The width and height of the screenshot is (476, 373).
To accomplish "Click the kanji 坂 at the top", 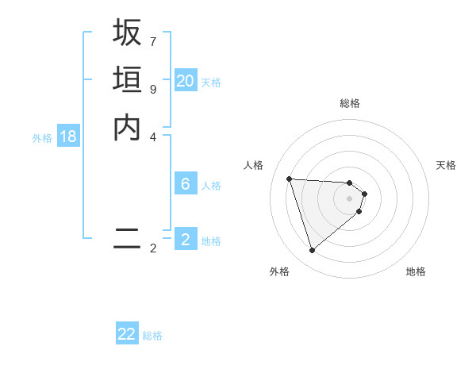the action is coord(127,33).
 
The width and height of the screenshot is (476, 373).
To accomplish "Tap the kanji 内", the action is coord(127,127).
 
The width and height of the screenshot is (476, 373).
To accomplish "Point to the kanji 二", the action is coord(127,238).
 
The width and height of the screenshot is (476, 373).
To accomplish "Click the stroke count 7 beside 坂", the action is coord(153,40).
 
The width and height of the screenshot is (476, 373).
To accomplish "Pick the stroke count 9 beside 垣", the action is coord(153,88).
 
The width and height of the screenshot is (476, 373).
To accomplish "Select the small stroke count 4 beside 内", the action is coord(153,136).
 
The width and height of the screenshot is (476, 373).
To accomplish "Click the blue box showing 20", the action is coord(186,81).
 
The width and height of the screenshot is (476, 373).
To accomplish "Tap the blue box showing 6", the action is coord(186,184).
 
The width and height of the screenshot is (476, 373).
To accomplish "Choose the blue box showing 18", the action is coord(68,137).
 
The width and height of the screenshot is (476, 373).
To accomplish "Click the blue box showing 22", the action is coord(127,334).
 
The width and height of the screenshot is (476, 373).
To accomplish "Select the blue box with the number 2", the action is coord(186,240).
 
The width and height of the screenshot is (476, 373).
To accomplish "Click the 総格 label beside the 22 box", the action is coord(152,336).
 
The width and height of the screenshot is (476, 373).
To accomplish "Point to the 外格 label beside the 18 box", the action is coord(42,138).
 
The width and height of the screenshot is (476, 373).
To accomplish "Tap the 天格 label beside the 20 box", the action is coord(211,83).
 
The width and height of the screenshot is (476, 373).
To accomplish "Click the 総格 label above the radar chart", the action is coord(350,103).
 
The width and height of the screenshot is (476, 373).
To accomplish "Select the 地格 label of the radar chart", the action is coord(416,271).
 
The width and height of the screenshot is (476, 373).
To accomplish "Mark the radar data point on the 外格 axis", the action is coord(313,251).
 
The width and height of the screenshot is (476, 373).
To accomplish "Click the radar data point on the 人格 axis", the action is coord(290,179).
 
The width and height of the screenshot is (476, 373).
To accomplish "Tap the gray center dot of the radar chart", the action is coord(350,198).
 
